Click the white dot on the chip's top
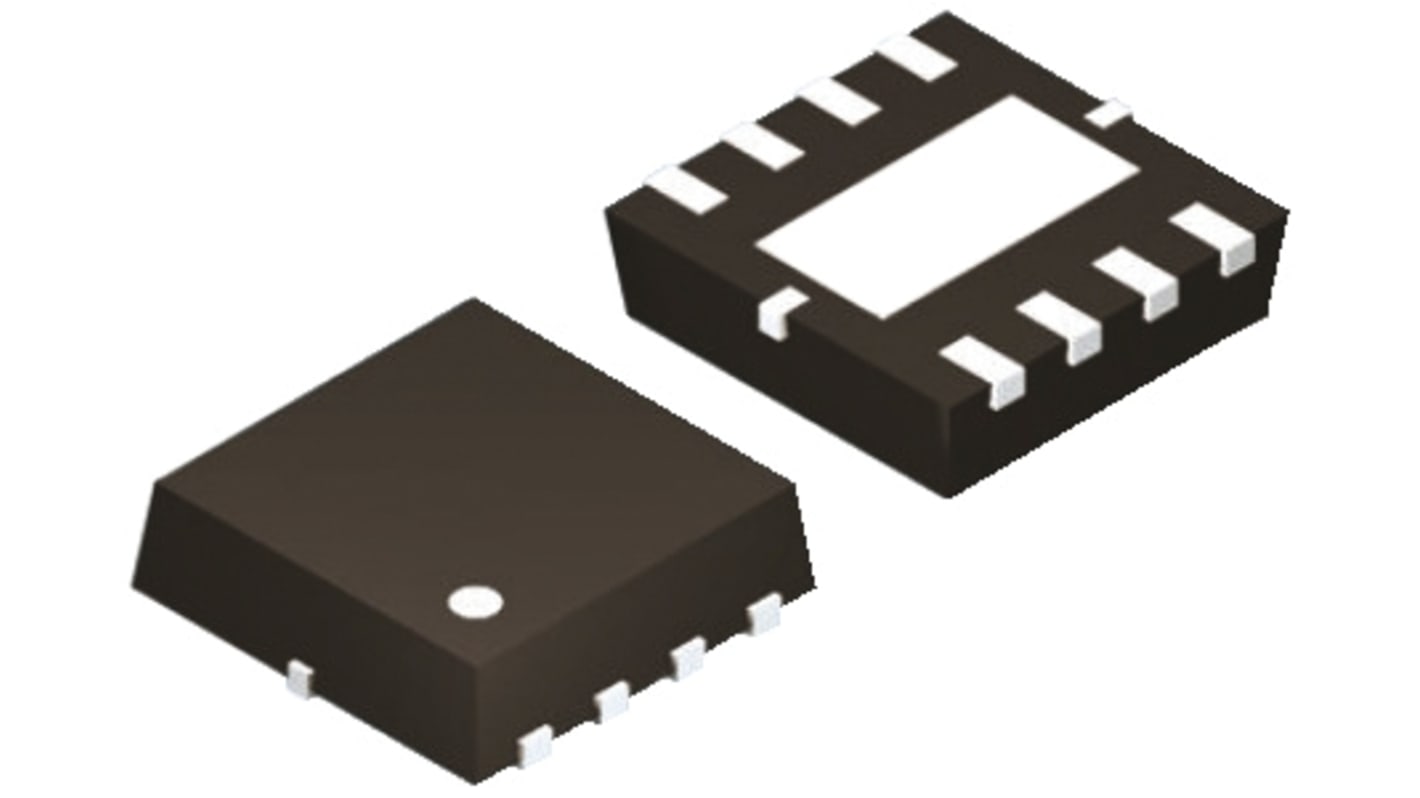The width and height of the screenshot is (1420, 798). (x=475, y=600)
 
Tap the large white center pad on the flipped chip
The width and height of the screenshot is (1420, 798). (x=946, y=208)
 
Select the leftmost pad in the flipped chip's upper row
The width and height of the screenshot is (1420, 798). (x=686, y=190)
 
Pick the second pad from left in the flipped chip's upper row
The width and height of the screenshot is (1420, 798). (x=762, y=146)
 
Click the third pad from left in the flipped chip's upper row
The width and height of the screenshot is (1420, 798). (x=839, y=102)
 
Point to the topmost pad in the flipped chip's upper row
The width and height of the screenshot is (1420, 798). (x=916, y=58)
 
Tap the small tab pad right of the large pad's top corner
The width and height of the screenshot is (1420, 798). (x=1108, y=114)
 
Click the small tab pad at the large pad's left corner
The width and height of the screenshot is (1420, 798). (x=781, y=310)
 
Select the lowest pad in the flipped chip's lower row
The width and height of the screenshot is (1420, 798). (x=986, y=370)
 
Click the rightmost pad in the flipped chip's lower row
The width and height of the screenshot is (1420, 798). (x=1214, y=237)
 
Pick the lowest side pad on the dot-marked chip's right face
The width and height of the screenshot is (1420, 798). (x=535, y=743)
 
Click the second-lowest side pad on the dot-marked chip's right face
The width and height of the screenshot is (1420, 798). (x=612, y=701)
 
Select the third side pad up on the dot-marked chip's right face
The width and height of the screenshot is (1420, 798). (x=688, y=659)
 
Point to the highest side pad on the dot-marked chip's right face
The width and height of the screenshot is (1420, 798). (x=764, y=613)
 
